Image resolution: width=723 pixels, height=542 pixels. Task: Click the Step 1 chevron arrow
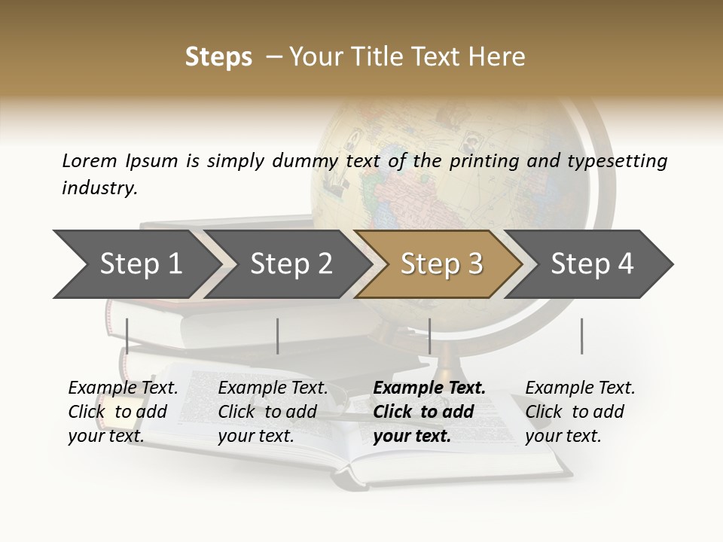(x=136, y=263)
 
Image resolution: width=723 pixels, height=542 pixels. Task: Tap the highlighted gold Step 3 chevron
(x=441, y=263)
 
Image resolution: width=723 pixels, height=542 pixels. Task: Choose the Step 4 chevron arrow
(x=591, y=263)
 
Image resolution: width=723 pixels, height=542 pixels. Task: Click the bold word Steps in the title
(x=218, y=57)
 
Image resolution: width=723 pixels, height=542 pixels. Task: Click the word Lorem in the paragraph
(x=89, y=160)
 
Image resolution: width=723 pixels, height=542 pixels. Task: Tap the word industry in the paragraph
(x=99, y=187)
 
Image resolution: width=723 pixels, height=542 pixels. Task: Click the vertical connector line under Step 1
(x=127, y=336)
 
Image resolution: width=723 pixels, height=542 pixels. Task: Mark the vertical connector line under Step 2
(x=278, y=336)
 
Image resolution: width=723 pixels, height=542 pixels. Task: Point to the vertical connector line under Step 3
(x=429, y=336)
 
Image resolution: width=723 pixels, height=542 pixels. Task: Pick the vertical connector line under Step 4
(x=581, y=336)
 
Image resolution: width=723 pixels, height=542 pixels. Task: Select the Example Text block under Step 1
(x=123, y=412)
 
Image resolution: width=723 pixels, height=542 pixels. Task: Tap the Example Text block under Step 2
(x=273, y=412)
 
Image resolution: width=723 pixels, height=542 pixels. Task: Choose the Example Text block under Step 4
(x=580, y=412)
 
